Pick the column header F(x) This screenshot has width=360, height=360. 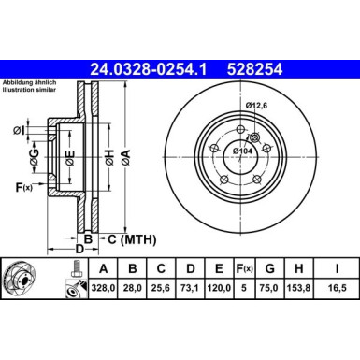coord(245,269)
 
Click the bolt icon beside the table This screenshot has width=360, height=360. coord(72,280)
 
